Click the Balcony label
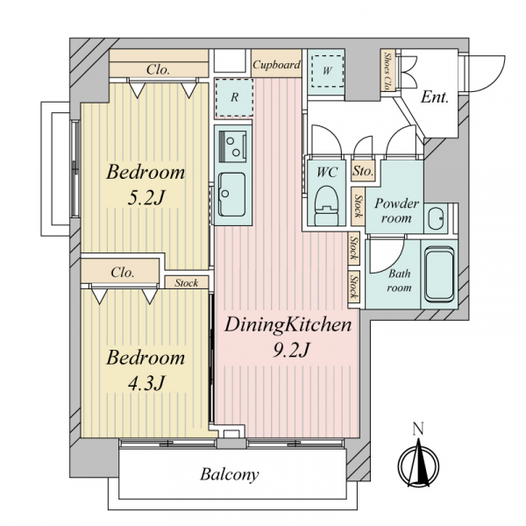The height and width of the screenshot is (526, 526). click(230, 474)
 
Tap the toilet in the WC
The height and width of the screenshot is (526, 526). click(327, 205)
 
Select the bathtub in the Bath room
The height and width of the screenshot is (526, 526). click(439, 274)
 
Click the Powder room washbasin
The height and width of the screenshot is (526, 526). click(436, 218)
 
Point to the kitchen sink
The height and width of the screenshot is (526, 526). click(231, 195)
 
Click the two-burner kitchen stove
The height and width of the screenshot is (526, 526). click(232, 146)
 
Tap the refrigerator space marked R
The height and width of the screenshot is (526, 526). click(234, 97)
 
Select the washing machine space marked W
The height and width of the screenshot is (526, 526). click(327, 70)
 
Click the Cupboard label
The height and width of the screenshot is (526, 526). click(276, 64)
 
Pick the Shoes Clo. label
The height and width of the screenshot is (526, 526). click(388, 71)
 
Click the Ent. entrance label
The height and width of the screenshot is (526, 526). click(435, 97)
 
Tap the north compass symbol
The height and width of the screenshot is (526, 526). click(418, 465)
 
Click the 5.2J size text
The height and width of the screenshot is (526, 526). click(146, 197)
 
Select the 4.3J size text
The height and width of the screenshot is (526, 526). click(146, 382)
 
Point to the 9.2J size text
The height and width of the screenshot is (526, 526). click(291, 350)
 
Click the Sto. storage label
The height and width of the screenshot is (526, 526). click(363, 171)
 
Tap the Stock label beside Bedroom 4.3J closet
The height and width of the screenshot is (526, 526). click(186, 283)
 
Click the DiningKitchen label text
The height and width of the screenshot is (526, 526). click(288, 325)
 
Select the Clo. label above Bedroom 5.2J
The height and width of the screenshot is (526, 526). click(158, 69)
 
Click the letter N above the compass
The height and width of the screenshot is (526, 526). click(418, 429)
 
